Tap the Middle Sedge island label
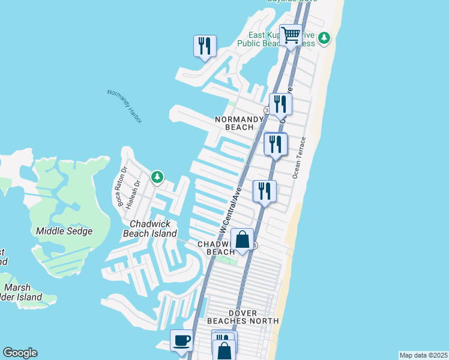[64, 231]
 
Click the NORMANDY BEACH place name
[240, 123]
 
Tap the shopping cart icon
[291, 35]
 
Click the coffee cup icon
[181, 341]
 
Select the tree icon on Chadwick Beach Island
[157, 177]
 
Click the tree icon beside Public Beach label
[324, 38]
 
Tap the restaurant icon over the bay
[205, 46]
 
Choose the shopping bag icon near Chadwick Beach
[242, 239]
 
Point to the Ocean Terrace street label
[299, 158]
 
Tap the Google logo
[20, 353]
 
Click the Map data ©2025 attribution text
[423, 355]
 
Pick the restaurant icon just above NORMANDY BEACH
[280, 104]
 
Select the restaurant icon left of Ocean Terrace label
[276, 144]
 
